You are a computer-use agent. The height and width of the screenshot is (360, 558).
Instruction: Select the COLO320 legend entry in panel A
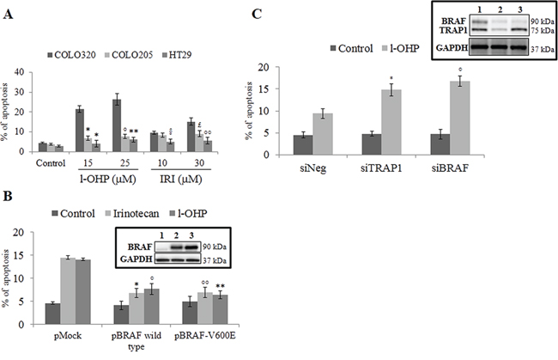point(71,55)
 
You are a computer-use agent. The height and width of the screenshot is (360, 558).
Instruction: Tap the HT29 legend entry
point(177,55)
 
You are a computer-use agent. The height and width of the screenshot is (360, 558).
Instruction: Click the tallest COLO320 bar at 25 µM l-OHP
point(117,125)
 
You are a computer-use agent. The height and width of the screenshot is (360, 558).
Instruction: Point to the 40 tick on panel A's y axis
point(19,72)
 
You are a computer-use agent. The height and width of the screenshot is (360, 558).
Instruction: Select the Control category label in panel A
point(51,163)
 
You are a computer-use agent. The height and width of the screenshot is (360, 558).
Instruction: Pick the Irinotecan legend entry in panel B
point(133,213)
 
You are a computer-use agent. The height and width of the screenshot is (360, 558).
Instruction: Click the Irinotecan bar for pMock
point(68,291)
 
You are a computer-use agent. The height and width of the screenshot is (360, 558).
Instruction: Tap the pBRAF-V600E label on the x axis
point(205,336)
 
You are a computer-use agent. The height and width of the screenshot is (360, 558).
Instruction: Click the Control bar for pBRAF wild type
point(121,314)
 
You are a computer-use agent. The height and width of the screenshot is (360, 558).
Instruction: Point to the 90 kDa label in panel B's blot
point(215,247)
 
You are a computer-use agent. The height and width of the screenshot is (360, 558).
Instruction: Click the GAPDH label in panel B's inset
point(136,259)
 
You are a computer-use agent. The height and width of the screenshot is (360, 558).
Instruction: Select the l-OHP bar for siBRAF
point(460,118)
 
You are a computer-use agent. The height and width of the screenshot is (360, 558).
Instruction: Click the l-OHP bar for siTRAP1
point(391,122)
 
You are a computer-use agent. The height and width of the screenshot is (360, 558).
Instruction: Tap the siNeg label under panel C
point(312,168)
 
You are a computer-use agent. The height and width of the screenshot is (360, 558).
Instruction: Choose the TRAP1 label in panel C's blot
point(453,31)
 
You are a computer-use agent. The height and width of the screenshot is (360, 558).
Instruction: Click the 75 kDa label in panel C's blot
point(543,31)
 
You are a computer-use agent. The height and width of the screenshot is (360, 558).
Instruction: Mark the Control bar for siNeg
point(303,145)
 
